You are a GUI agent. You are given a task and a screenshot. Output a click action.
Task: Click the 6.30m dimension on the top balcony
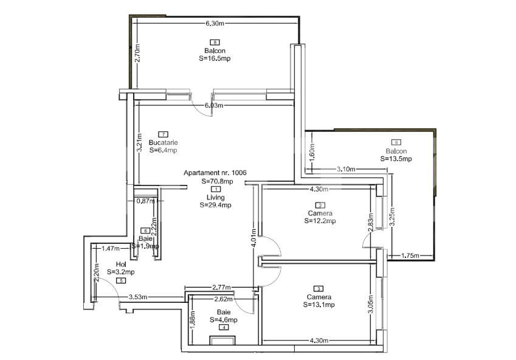click(215, 23)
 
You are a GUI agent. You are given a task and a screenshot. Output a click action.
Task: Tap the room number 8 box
click(215, 42)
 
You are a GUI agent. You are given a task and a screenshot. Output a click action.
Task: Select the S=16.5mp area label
click(215, 58)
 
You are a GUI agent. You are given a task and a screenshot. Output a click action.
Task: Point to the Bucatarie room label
click(162, 142)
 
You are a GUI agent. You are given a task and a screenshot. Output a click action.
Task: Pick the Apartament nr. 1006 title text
click(215, 173)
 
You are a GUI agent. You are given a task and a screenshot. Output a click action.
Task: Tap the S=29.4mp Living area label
click(215, 205)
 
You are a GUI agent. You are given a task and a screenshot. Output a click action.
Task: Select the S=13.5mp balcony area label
click(396, 159)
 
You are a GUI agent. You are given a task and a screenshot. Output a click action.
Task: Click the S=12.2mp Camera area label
click(320, 221)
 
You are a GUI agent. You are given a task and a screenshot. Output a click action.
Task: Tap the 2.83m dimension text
click(371, 220)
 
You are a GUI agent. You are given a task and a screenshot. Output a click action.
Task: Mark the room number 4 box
click(224, 328)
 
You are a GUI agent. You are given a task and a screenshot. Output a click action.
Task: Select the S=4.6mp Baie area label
click(224, 319)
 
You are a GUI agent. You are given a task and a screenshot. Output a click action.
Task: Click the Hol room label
click(121, 264)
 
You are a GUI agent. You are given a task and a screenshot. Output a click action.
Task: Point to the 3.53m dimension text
click(139, 297)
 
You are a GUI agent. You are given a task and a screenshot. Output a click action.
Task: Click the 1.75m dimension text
click(411, 255)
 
